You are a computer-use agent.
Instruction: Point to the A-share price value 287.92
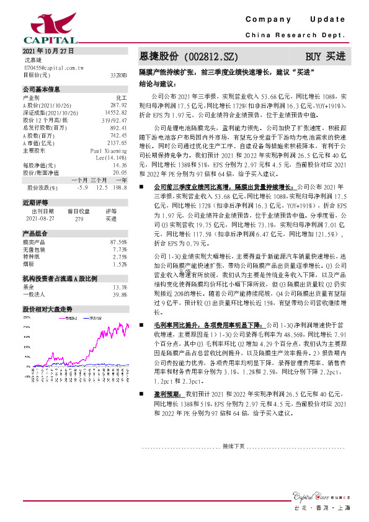pos(118,106)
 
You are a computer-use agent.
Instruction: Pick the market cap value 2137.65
pos(117,143)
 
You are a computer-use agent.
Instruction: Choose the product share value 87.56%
pos(118,242)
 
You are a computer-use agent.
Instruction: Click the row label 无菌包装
pos(33,249)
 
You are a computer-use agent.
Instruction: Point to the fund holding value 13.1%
pos(120,287)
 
